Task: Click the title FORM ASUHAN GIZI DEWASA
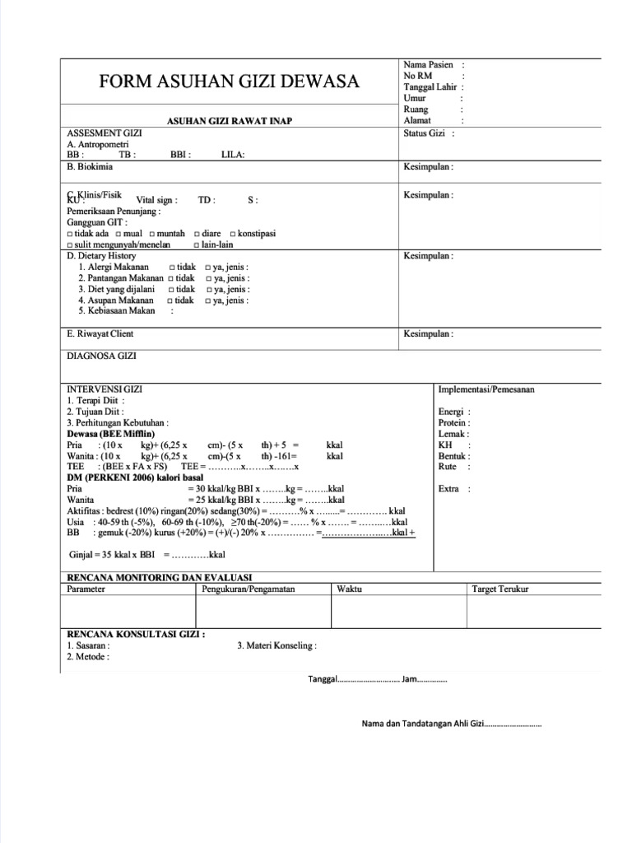pos(229,82)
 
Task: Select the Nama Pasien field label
pos(428,64)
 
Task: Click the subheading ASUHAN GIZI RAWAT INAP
pos(230,121)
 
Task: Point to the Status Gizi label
pos(425,133)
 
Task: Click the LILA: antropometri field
pos(233,154)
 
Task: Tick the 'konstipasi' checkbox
pos(234,234)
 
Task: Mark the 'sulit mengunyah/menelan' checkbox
pos(69,245)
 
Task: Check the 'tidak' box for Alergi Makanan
pos(172,268)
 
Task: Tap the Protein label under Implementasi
pos(453,422)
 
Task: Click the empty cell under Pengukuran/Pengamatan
pos(263,612)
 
